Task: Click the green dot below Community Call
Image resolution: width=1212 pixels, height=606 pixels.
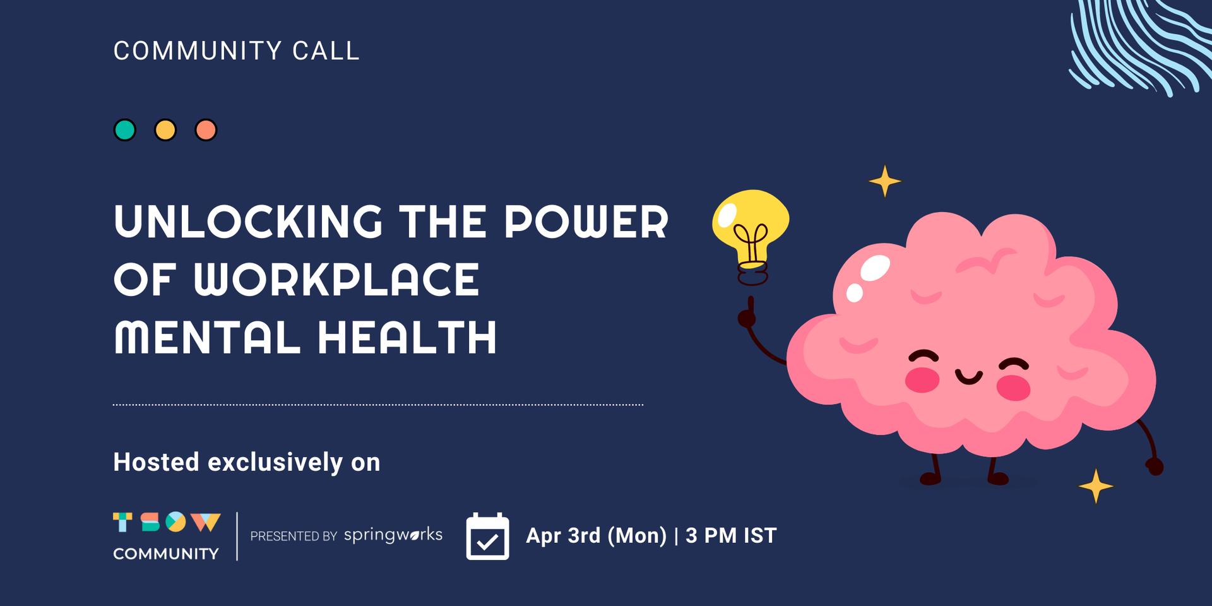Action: click(x=124, y=130)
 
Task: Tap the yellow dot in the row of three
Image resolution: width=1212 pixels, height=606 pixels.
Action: click(x=165, y=130)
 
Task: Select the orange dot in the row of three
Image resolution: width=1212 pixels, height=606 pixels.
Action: click(x=206, y=130)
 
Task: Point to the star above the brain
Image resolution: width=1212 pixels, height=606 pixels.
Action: click(x=884, y=181)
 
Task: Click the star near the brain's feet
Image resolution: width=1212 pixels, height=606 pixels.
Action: click(x=1096, y=486)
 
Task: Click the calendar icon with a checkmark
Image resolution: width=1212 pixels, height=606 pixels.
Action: click(x=487, y=536)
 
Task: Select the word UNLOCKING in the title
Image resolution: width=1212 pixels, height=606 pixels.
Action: click(x=249, y=222)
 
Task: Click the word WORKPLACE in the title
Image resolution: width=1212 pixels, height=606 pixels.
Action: click(x=336, y=280)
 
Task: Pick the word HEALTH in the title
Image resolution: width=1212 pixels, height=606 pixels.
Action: click(x=407, y=337)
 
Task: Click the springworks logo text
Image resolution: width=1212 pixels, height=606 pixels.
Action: click(x=393, y=535)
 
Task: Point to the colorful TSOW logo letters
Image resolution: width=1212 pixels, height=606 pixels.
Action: click(x=167, y=522)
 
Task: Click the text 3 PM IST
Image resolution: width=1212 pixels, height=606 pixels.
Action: click(x=731, y=535)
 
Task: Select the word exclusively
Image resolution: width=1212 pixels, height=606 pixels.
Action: click(x=275, y=463)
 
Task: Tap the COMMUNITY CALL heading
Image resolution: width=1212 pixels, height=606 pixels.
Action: click(x=236, y=50)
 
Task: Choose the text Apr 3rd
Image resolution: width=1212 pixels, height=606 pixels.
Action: click(x=563, y=535)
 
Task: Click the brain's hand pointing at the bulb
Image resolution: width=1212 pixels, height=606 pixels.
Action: click(x=748, y=314)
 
